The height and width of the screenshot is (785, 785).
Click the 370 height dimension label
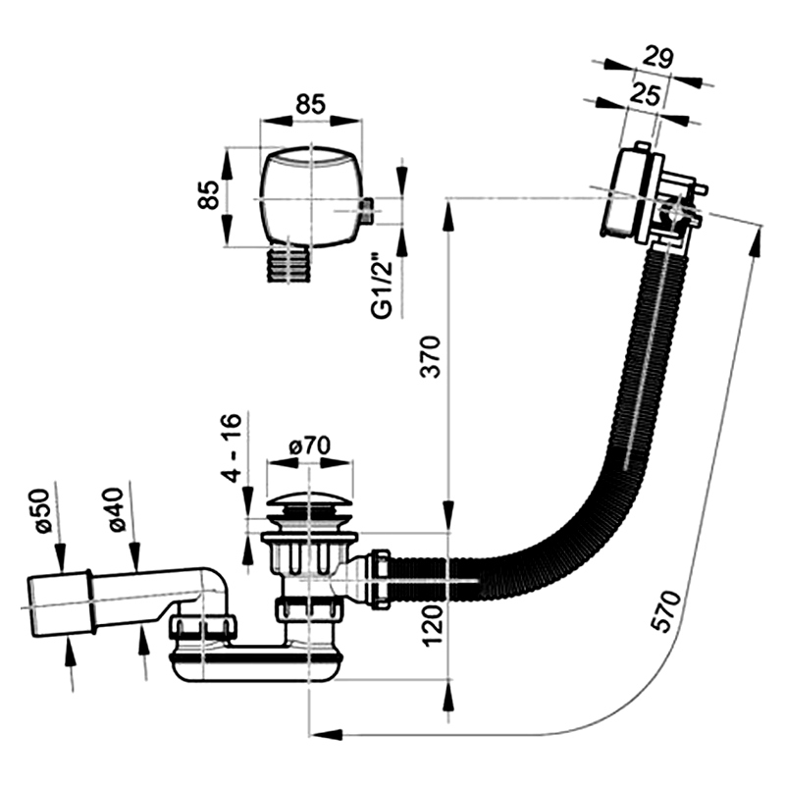tap(431, 356)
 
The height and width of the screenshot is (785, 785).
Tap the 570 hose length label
tap(666, 610)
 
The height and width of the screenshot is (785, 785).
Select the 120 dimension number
tap(433, 625)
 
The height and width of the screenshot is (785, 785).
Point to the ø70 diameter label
tap(310, 445)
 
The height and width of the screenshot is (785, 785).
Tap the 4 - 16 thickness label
tap(232, 448)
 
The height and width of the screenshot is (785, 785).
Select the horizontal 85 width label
tap(310, 105)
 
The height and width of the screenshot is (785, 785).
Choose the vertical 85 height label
tap(208, 194)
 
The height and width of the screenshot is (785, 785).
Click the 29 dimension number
tap(657, 58)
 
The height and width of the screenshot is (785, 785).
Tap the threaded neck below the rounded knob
tap(288, 263)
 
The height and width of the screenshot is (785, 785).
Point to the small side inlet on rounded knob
tap(366, 211)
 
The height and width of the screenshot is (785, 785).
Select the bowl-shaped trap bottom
tap(256, 666)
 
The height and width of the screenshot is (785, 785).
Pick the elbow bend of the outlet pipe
tap(215, 586)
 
